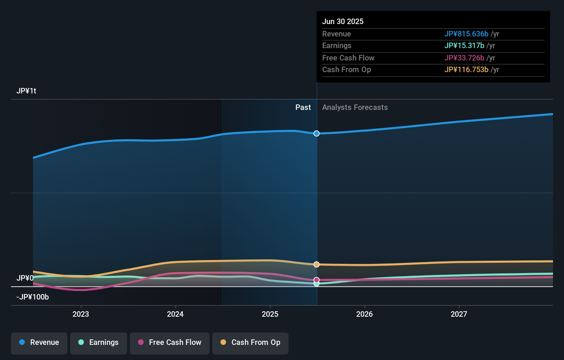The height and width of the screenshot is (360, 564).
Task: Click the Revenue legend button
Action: point(39,342)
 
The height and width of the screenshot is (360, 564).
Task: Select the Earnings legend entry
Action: point(99,342)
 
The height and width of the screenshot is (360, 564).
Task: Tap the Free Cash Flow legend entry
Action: point(170,342)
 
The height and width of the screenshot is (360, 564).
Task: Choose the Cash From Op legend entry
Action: point(250,342)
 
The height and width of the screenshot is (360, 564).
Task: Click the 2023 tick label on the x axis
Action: point(81,314)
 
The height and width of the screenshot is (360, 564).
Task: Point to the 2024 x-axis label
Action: point(175,314)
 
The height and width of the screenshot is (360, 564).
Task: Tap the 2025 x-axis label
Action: point(270,314)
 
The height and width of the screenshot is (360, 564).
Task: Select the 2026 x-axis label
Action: point(364,314)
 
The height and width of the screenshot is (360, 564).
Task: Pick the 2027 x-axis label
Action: point(459,314)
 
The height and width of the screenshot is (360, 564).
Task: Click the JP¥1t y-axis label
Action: point(26,91)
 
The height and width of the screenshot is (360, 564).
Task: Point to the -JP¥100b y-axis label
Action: point(33,297)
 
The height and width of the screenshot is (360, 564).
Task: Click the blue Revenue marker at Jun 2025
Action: point(316,133)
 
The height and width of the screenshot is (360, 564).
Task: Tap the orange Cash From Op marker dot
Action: point(316,265)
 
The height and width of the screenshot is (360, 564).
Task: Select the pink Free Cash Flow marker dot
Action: point(316,280)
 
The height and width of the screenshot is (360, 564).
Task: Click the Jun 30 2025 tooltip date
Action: point(343,21)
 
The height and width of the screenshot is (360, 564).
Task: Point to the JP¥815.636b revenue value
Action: point(466,34)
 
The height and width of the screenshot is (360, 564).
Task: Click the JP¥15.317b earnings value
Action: point(464,46)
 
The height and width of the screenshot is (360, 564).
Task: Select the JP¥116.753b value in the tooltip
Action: point(466,70)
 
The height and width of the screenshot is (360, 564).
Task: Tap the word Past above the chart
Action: point(303,108)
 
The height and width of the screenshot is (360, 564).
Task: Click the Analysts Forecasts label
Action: point(355,108)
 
